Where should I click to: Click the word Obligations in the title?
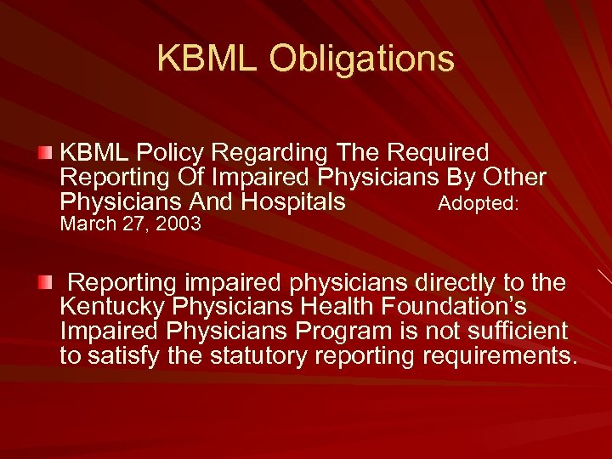click(x=362, y=59)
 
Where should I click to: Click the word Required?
click(x=438, y=153)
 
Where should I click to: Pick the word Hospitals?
click(x=293, y=202)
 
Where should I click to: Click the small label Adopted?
click(x=479, y=204)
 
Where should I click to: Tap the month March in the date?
click(x=88, y=224)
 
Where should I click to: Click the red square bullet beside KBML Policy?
click(x=45, y=153)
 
